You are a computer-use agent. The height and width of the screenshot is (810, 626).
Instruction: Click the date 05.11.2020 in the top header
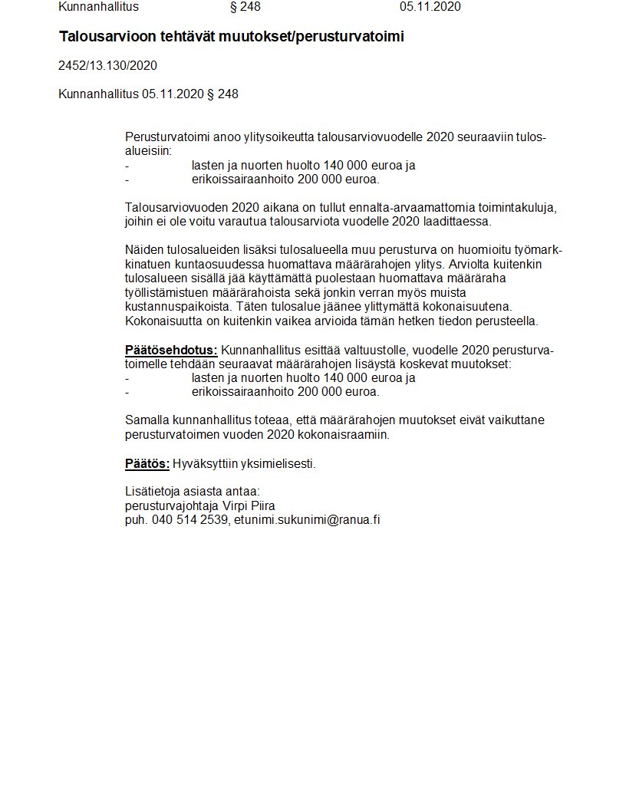click(x=430, y=7)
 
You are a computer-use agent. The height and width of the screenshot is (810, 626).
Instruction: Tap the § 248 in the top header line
click(x=245, y=7)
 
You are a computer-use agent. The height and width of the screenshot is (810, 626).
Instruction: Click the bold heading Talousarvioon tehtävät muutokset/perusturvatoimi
click(x=232, y=37)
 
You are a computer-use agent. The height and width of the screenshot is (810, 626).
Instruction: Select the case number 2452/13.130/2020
click(x=107, y=66)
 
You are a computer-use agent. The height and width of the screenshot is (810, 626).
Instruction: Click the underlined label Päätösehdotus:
click(x=171, y=351)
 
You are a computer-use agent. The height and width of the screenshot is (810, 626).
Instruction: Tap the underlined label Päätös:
click(x=147, y=463)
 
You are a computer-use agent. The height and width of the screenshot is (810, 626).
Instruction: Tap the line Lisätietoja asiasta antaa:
click(x=192, y=491)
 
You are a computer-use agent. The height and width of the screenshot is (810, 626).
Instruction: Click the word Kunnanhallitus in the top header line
click(x=98, y=7)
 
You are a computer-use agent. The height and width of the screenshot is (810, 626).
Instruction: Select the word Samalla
click(x=147, y=420)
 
